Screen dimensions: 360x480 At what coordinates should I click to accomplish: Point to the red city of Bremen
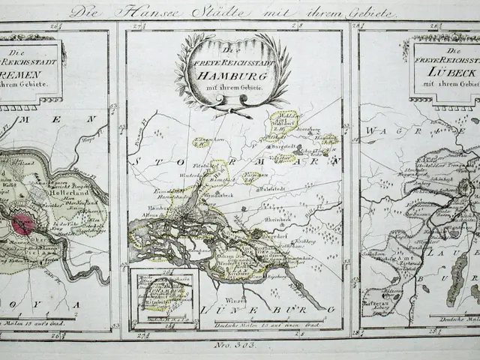pos(22,224)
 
